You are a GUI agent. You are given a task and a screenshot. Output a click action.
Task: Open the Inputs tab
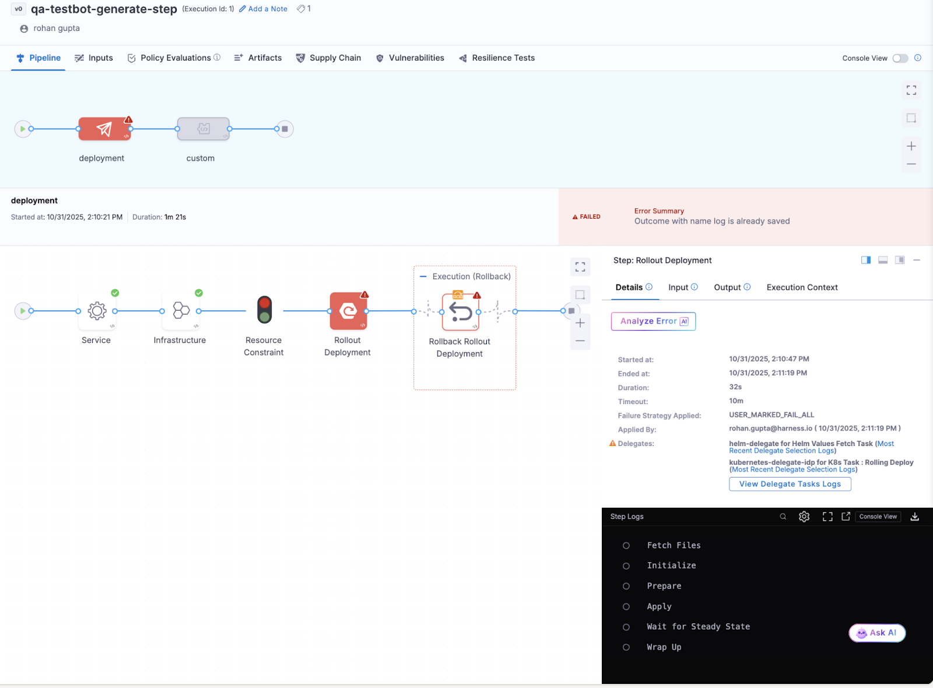tap(94, 58)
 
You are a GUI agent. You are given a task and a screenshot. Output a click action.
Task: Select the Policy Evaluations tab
tap(174, 58)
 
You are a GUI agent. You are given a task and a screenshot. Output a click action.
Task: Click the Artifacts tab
tap(258, 58)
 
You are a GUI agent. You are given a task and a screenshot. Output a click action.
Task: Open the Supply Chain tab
tap(329, 58)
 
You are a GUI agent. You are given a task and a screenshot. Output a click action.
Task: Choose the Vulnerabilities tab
tap(411, 58)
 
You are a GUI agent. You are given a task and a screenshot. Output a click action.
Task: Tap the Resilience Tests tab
tap(497, 58)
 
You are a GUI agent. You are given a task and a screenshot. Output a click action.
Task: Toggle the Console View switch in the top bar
tap(900, 58)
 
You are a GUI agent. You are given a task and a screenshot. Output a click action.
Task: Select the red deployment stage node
tap(104, 129)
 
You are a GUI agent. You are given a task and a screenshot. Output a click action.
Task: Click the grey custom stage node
tap(203, 129)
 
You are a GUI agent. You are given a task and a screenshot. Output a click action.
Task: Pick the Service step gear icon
tap(97, 311)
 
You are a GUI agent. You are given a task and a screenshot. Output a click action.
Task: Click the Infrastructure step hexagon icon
tap(181, 311)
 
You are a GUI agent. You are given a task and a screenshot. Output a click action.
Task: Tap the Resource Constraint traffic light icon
tap(264, 310)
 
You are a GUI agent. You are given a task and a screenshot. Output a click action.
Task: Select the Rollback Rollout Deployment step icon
tap(460, 312)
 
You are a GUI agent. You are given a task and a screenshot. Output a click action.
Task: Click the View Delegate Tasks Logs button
tap(790, 484)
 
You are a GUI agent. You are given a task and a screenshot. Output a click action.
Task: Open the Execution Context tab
tap(802, 287)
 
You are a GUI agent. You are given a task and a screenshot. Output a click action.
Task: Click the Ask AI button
tap(877, 633)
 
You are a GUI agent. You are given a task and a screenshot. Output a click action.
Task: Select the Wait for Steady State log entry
tap(698, 627)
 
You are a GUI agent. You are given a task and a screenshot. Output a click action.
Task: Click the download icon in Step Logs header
tap(914, 517)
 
